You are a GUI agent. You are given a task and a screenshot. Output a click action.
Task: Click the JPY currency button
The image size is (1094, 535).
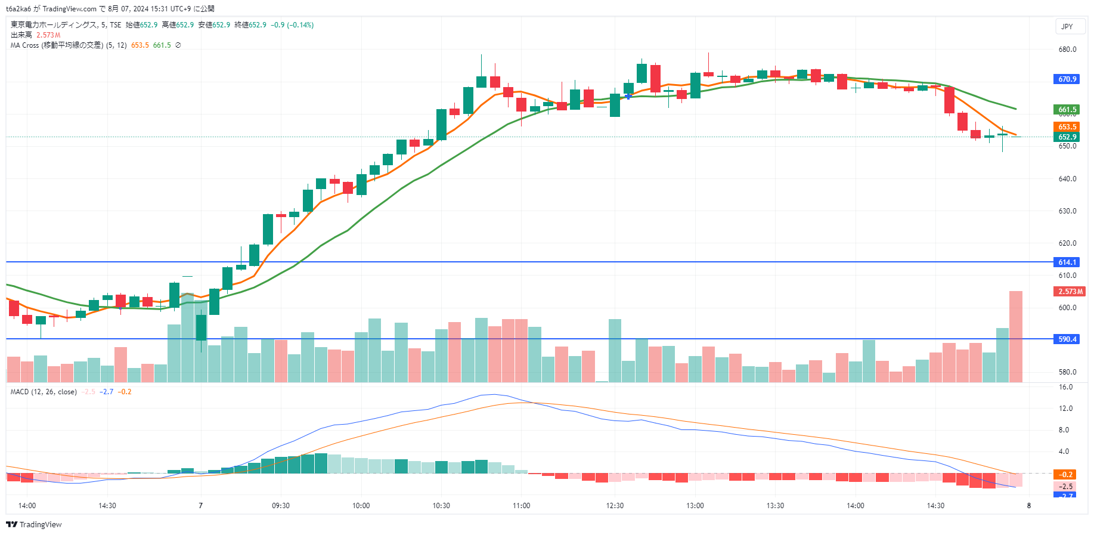click(x=1067, y=26)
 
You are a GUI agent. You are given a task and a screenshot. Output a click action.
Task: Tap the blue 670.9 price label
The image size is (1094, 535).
click(x=1067, y=79)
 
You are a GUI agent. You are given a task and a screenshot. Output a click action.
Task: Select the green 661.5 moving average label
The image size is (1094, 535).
click(x=1067, y=110)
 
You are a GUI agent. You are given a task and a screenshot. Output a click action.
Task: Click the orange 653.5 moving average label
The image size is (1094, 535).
click(x=1067, y=127)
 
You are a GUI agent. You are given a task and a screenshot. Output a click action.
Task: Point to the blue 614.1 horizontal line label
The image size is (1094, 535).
click(x=1067, y=262)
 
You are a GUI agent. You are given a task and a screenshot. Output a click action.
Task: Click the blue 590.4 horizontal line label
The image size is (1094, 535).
click(x=1067, y=339)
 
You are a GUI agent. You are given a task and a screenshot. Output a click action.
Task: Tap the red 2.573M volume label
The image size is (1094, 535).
click(x=1070, y=292)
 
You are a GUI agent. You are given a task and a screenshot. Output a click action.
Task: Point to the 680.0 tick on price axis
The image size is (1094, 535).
click(x=1067, y=50)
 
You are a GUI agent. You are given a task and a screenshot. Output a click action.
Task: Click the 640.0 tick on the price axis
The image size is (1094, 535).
click(x=1067, y=179)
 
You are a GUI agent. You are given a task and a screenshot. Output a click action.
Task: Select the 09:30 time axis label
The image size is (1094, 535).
click(x=281, y=506)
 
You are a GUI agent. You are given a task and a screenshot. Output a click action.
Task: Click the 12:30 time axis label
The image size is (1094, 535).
click(x=615, y=506)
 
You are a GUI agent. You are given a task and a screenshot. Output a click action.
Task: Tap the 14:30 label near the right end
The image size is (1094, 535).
click(x=935, y=506)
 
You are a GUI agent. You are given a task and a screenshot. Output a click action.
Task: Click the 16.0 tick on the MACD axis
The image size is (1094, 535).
click(x=1065, y=387)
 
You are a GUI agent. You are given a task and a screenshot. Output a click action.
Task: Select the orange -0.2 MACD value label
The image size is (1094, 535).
click(x=1066, y=475)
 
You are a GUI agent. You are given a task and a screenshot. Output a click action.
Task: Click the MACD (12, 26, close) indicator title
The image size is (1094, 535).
click(x=44, y=392)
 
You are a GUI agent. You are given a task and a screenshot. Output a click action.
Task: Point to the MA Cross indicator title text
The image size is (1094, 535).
click(x=57, y=45)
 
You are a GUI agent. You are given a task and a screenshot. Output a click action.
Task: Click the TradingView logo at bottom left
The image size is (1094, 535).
click(x=34, y=525)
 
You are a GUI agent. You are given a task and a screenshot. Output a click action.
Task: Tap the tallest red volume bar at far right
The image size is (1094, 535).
click(x=1015, y=336)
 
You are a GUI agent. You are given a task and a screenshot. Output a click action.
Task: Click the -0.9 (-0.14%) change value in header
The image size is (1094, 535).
click(x=292, y=25)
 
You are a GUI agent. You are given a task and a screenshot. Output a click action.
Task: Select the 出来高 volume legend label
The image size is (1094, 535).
click(x=21, y=35)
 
